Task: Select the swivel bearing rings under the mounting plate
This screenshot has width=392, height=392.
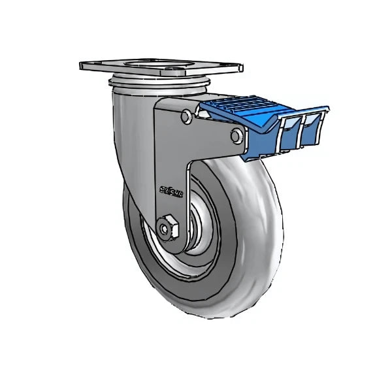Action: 160,81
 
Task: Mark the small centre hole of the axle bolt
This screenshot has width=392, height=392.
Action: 162,229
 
